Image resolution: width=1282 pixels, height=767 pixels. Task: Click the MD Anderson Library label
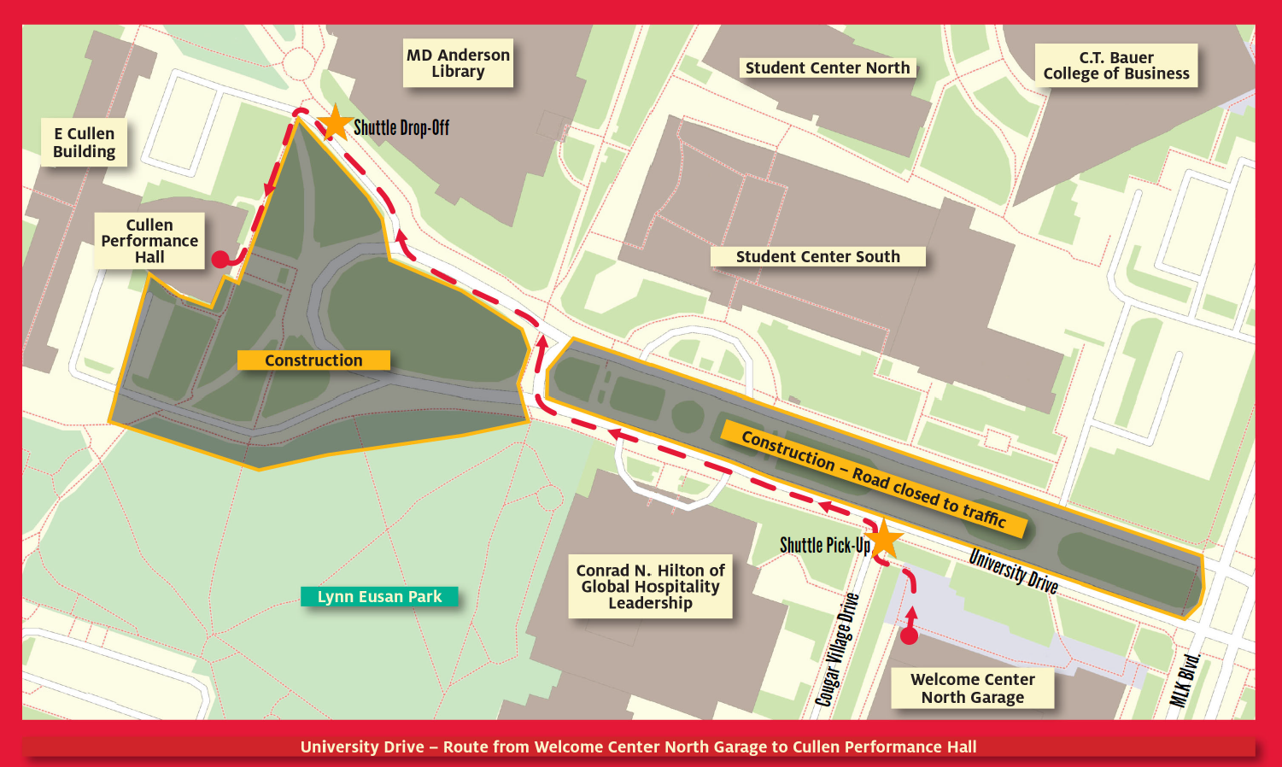(x=458, y=63)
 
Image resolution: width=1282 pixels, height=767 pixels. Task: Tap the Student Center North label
(x=828, y=68)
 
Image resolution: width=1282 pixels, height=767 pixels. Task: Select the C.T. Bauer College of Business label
(x=1115, y=66)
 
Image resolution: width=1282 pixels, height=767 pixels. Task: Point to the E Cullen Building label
(x=84, y=143)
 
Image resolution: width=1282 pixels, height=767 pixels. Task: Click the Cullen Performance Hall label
(x=149, y=241)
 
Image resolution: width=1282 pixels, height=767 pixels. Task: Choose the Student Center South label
(x=817, y=256)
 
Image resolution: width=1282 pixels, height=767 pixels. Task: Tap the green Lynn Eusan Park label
(x=379, y=596)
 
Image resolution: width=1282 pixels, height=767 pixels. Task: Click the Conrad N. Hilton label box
(x=650, y=586)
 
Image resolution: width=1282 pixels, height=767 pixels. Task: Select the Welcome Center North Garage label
(x=972, y=688)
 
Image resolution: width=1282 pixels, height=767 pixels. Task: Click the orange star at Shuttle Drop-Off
(x=336, y=123)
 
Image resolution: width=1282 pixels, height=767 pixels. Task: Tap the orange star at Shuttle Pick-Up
(x=884, y=540)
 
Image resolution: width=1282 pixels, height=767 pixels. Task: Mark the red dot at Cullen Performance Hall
(x=220, y=260)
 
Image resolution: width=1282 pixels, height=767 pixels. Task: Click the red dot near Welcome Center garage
(x=910, y=635)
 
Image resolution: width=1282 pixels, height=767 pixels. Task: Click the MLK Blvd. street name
(x=1185, y=680)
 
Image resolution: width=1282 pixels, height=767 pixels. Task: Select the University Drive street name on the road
(x=1013, y=571)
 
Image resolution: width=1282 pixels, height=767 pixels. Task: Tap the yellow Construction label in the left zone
(x=313, y=360)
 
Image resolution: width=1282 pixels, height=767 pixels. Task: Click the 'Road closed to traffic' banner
(x=873, y=479)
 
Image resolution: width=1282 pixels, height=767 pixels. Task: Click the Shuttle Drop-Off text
(x=401, y=128)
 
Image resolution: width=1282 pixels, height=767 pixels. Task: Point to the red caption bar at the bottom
(x=639, y=747)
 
